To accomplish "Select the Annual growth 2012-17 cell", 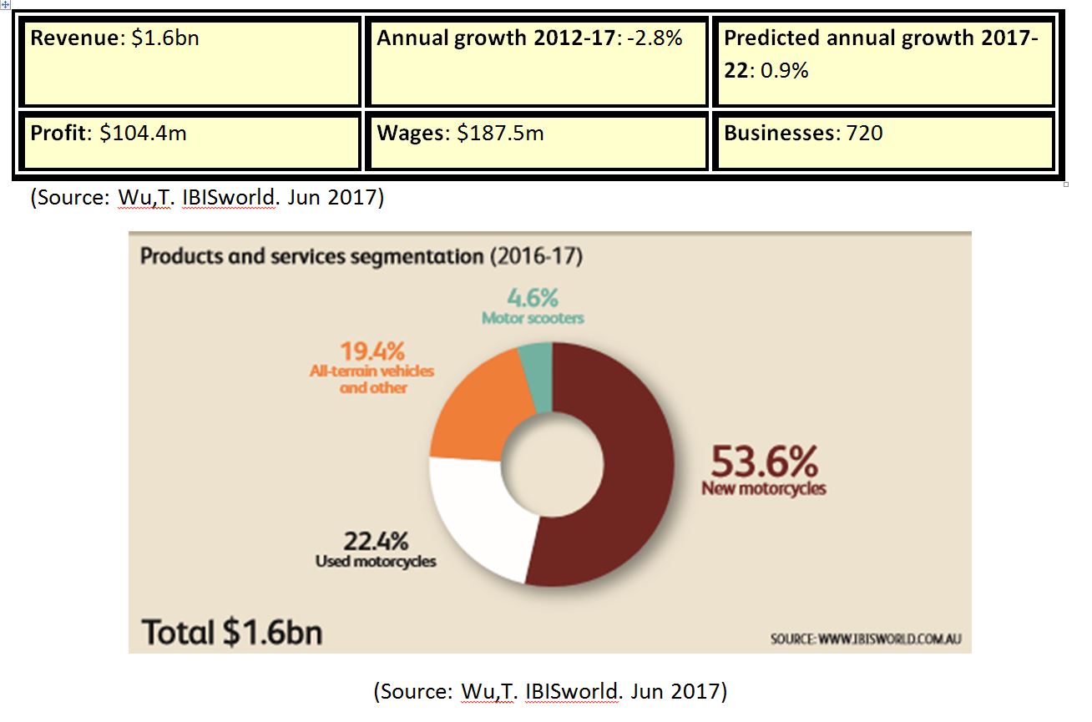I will coord(536,63).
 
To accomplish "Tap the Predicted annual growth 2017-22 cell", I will coord(883,63).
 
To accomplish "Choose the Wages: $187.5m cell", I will coord(536,141).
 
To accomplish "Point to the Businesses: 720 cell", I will coord(883,141).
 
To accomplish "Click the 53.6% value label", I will coord(763,461).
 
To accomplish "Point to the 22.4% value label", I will coord(376,541).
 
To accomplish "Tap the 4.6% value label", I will coord(532,298).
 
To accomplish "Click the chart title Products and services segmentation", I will coord(361,255).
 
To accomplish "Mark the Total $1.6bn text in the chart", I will coord(232,632).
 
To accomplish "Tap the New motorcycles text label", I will coord(763,488).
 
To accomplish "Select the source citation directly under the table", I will coord(207,199).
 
